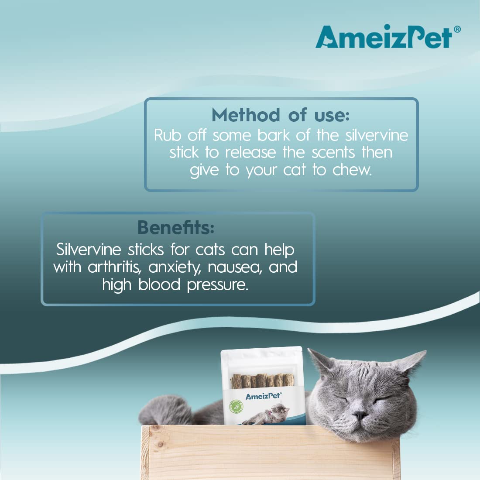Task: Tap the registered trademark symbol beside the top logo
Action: pyautogui.click(x=457, y=29)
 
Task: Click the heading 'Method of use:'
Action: pyautogui.click(x=281, y=115)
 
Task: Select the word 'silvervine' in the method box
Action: pyautogui.click(x=377, y=135)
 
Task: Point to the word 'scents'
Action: pyautogui.click(x=333, y=152)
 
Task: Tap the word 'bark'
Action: pyautogui.click(x=273, y=135)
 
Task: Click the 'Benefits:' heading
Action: pyautogui.click(x=176, y=227)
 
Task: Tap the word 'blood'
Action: pyautogui.click(x=159, y=285)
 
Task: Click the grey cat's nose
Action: pyautogui.click(x=360, y=415)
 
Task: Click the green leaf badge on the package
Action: pyautogui.click(x=237, y=407)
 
